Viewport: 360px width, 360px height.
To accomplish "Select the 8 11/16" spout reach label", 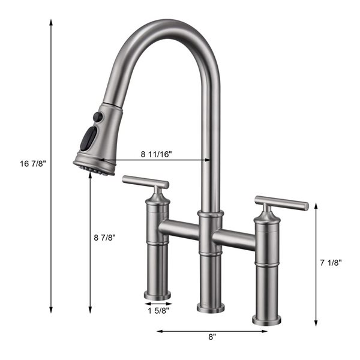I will tap(157, 154).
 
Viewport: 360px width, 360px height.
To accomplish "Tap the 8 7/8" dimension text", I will tap(105, 237).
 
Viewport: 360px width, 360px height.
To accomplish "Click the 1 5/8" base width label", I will tap(158, 310).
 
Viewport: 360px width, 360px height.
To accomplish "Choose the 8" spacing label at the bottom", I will tap(212, 337).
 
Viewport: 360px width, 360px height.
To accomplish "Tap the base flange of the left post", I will tap(157, 295).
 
